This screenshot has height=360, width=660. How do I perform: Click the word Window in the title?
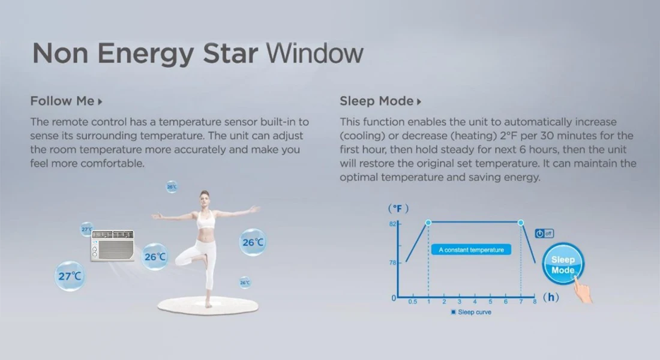314,54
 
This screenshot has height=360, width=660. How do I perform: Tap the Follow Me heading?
62,101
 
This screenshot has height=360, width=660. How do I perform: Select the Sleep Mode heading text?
377,101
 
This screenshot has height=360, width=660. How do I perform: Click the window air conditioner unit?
112,245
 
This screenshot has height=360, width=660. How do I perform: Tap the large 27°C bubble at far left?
70,276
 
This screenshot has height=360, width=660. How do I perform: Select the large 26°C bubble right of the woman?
253,242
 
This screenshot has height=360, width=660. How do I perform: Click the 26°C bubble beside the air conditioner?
155,257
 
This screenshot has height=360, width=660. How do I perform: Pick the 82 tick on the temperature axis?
392,224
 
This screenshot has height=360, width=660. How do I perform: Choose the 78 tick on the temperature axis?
392,262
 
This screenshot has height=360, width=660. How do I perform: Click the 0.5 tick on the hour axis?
413,302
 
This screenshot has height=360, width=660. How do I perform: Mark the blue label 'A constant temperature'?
471,250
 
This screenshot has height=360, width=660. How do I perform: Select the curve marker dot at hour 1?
428,223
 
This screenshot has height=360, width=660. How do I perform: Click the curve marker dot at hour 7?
521,223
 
